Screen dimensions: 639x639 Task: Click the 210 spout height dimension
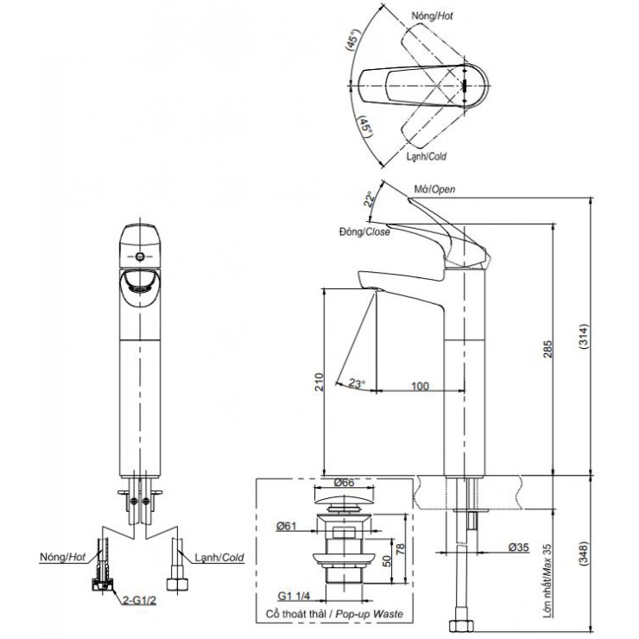pos(319,382)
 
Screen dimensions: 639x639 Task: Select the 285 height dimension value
pos(547,349)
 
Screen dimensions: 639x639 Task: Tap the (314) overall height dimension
pos(583,336)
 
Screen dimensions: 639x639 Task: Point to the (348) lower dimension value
pos(583,554)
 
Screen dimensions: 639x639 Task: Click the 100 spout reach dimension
pos(420,386)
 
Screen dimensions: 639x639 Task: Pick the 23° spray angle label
pos(357,383)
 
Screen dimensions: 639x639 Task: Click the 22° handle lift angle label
pos(370,199)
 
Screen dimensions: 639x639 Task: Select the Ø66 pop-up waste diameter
pos(344,483)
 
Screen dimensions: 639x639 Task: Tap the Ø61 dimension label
pos(286,526)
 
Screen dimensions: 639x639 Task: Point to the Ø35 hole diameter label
pos(518,547)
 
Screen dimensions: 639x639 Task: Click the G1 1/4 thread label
pos(294,596)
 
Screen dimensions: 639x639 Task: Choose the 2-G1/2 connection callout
pos(139,600)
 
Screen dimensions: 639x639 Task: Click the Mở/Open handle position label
pos(435,189)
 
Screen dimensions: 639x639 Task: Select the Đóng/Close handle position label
pos(364,232)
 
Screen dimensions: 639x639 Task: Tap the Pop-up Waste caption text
pos(370,614)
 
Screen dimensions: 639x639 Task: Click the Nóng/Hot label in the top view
pos(432,16)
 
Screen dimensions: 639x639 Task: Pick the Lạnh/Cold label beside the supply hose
pos(219,558)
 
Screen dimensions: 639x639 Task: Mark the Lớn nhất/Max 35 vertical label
pos(547,581)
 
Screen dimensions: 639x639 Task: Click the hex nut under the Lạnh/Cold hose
pos(178,584)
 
